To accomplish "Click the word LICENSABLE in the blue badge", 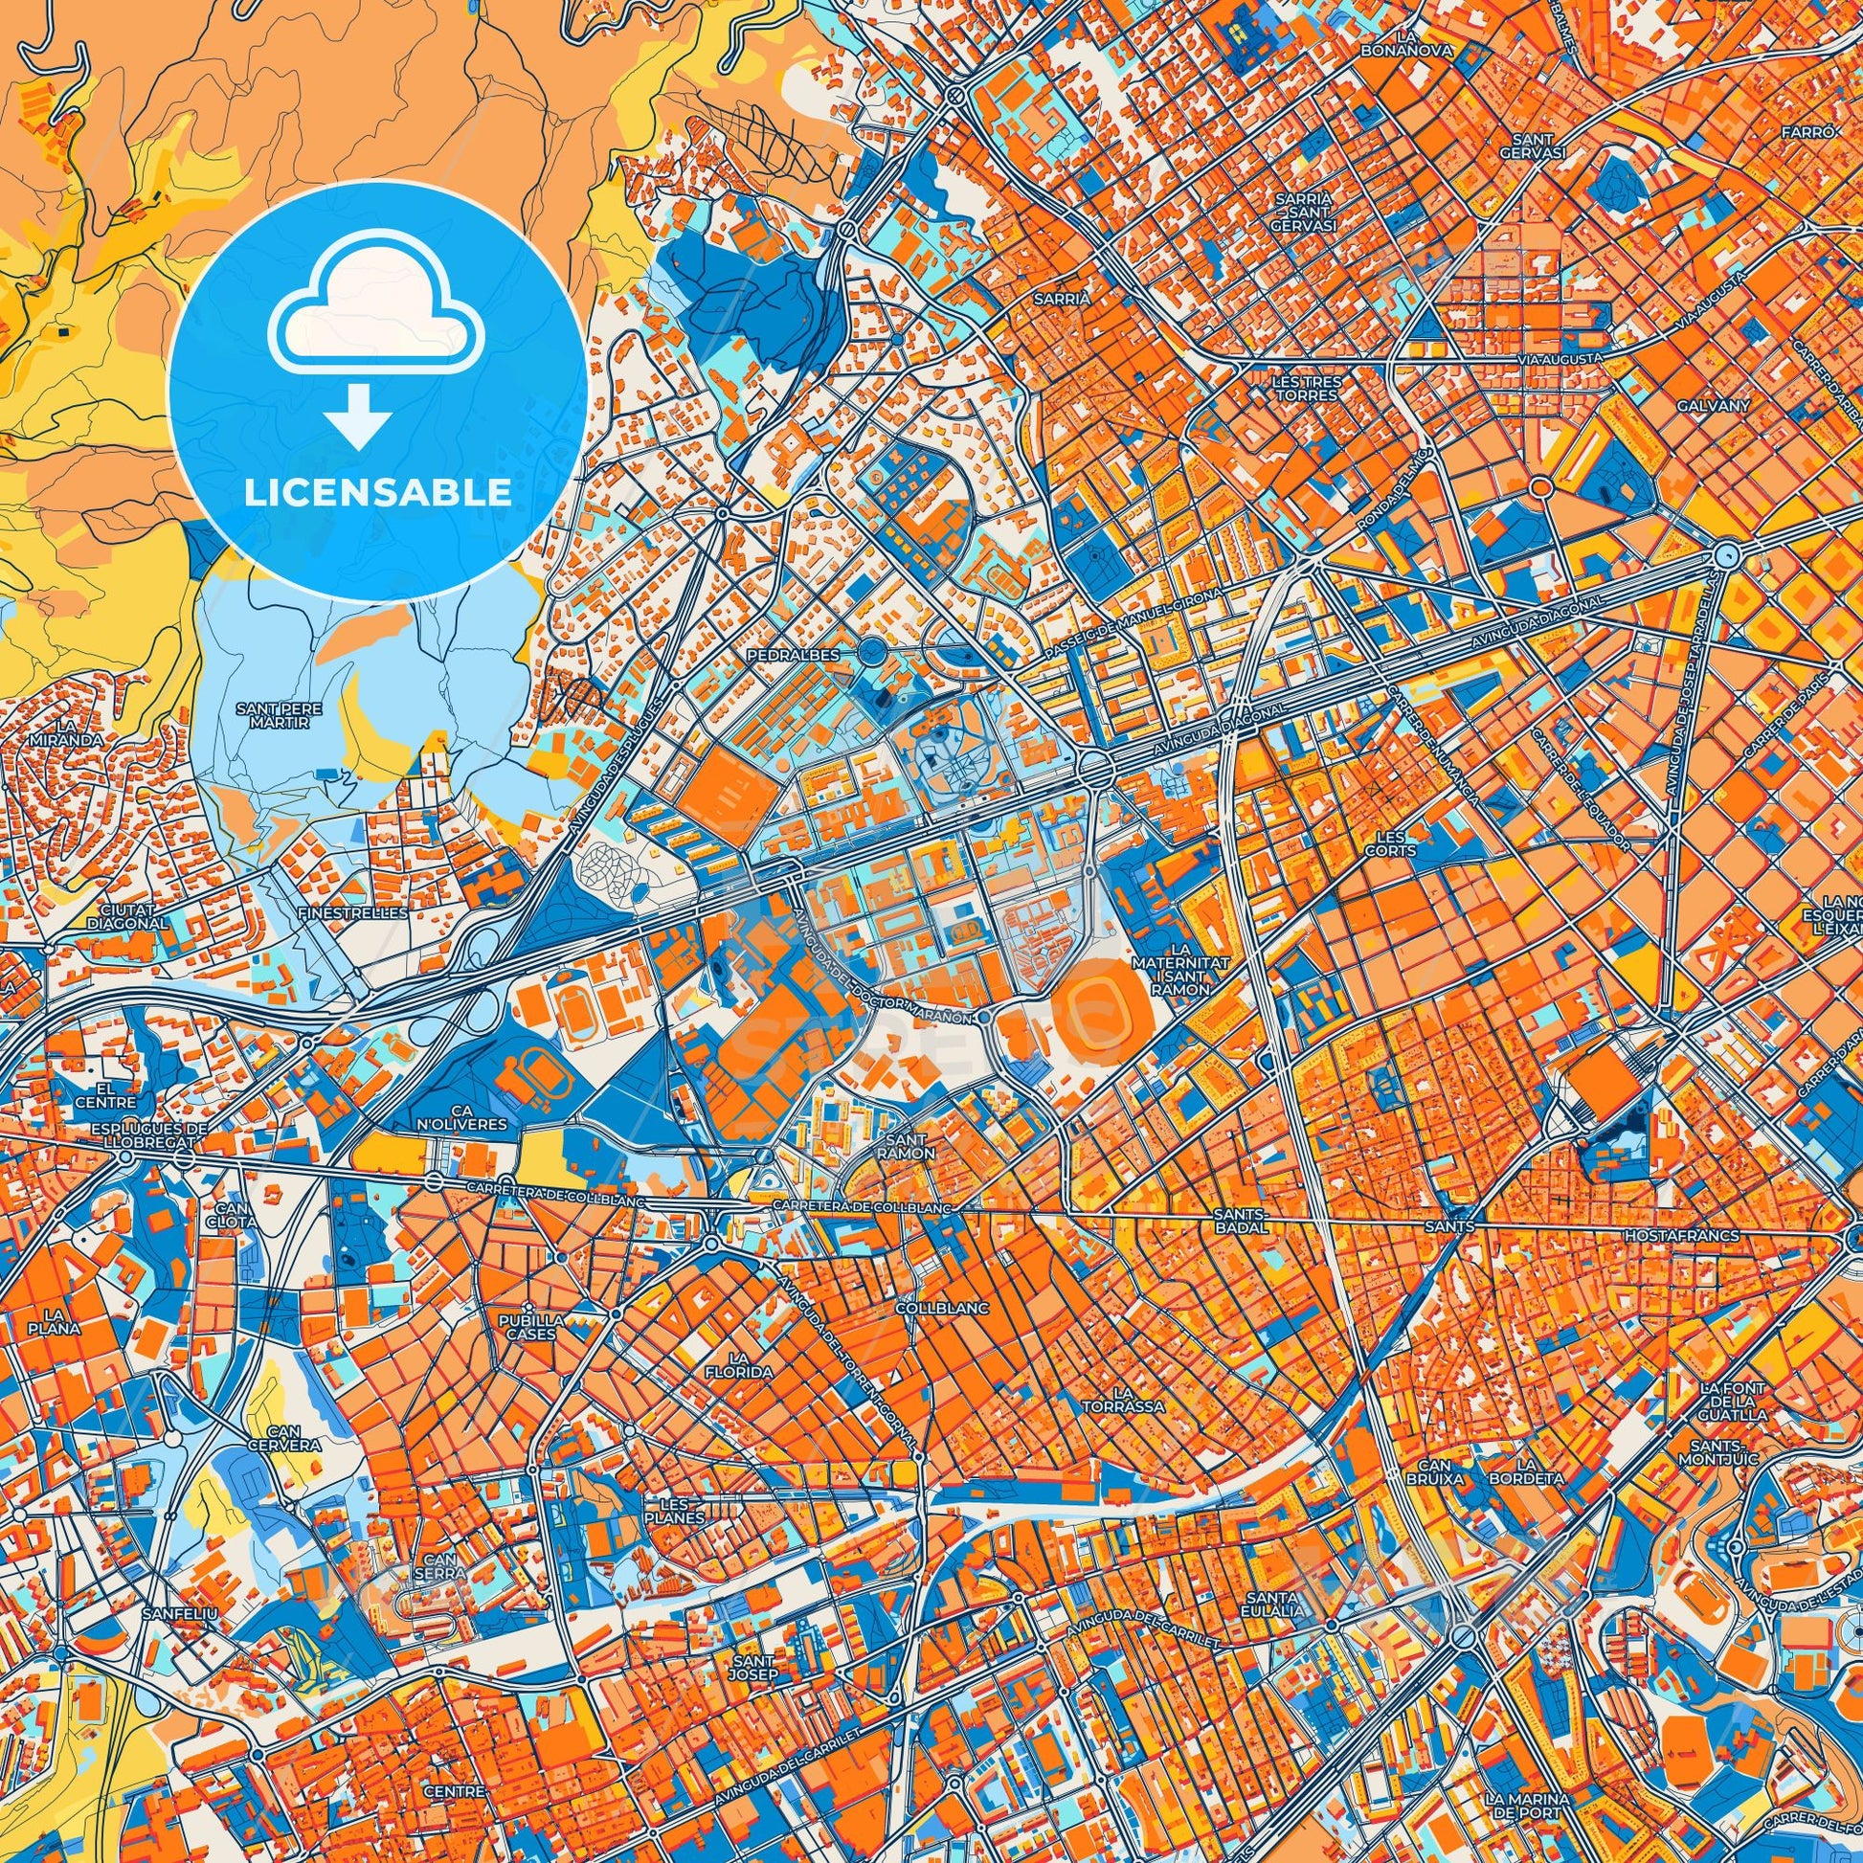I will point(377,492).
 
